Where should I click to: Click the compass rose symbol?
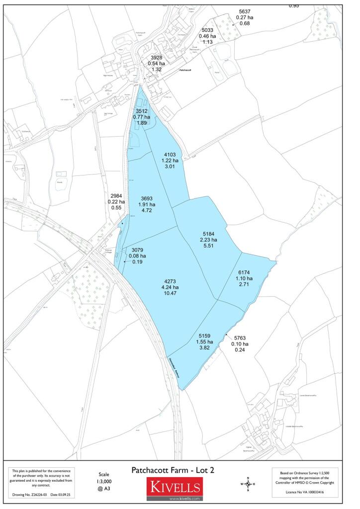coord(247,484)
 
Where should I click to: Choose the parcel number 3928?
coord(157,58)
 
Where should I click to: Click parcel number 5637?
coord(244,11)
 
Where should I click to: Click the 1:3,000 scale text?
coord(103,482)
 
